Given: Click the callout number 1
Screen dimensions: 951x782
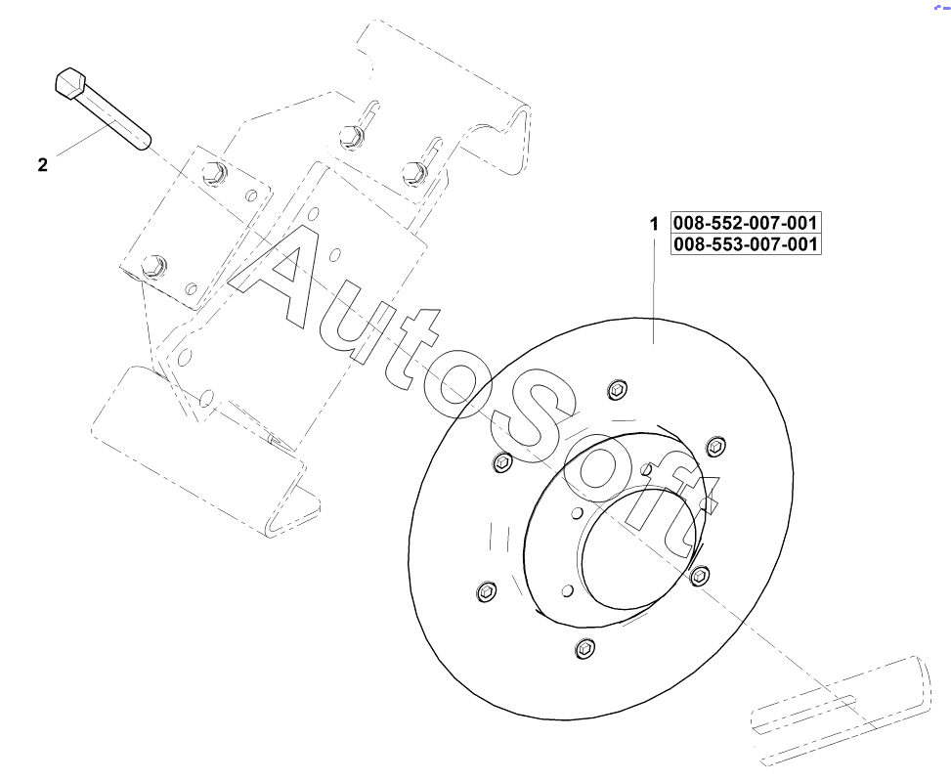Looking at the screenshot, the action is point(654,224).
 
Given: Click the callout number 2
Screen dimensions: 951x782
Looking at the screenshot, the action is point(42,164).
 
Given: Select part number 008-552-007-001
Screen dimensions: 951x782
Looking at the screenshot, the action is point(746,222).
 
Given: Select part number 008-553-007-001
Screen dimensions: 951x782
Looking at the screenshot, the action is point(746,243).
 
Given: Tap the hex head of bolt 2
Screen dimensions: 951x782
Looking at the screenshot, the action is point(70,82).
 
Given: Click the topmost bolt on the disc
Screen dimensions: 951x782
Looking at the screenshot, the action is point(618,388).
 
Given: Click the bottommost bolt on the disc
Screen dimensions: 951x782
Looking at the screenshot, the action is point(584,648).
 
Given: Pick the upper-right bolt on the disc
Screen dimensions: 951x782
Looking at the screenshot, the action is point(716,447).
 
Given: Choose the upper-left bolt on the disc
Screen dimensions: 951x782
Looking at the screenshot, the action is point(502,462).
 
